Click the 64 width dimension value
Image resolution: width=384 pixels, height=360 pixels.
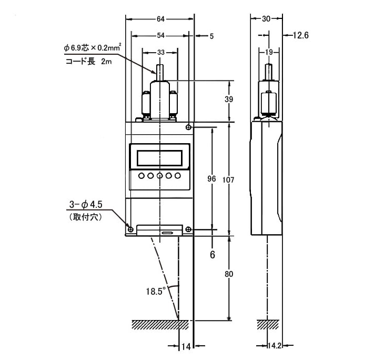pos(160,19)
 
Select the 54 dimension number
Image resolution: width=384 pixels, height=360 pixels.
pos(160,36)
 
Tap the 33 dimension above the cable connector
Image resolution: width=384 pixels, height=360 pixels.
pos(160,53)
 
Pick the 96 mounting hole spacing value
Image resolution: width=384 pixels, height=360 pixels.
pos(212,179)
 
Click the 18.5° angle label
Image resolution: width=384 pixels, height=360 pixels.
pos(156,291)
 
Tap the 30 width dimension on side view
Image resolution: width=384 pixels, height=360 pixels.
pos(266,19)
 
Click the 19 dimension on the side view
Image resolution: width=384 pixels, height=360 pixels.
pos(269,53)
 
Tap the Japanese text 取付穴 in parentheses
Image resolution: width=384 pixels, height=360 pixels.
pos(84,216)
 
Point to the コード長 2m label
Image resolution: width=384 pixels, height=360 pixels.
pos(89,62)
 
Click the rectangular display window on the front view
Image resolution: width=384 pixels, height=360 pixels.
pos(159,157)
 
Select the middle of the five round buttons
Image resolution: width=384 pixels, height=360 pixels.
pos(159,176)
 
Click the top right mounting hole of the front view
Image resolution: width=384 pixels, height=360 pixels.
pos(189,127)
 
